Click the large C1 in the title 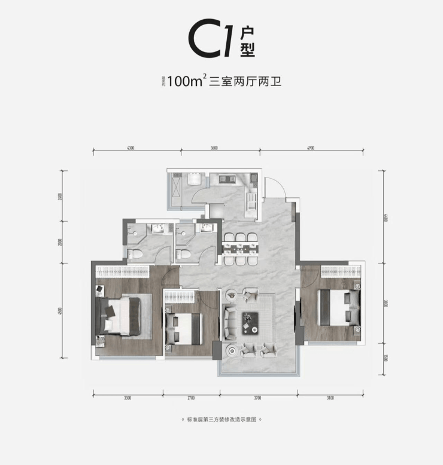[x=211, y=41]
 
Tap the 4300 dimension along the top [x=130, y=148]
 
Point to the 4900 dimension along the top [x=310, y=148]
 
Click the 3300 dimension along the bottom [x=128, y=397]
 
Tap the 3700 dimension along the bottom [x=258, y=397]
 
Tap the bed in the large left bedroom [x=123, y=315]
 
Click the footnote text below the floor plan [x=221, y=420]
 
